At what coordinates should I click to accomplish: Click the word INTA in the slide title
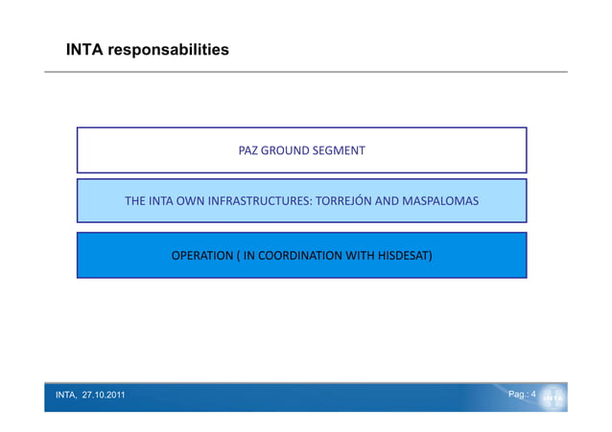click(x=84, y=49)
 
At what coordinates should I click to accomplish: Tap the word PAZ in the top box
click(x=248, y=150)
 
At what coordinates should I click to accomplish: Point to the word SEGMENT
click(x=339, y=150)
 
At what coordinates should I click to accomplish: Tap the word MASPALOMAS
click(x=440, y=202)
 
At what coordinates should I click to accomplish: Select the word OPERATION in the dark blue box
click(x=201, y=256)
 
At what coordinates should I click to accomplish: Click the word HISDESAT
click(x=403, y=256)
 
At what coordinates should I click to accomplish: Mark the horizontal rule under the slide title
click(x=306, y=72)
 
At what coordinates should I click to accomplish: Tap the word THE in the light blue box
click(x=134, y=202)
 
